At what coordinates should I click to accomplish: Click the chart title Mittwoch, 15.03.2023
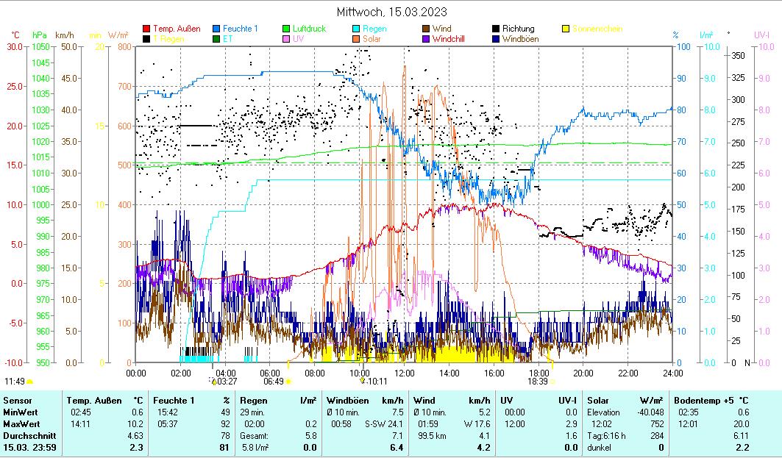point(391,12)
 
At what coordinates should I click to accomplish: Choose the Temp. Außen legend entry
point(176,29)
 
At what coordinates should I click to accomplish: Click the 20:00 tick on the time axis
point(583,373)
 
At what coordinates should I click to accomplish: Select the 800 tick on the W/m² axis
point(123,46)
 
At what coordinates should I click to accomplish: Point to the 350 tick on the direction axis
point(738,55)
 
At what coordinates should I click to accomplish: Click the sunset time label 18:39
point(538,382)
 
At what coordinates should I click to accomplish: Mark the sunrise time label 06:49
point(274,382)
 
